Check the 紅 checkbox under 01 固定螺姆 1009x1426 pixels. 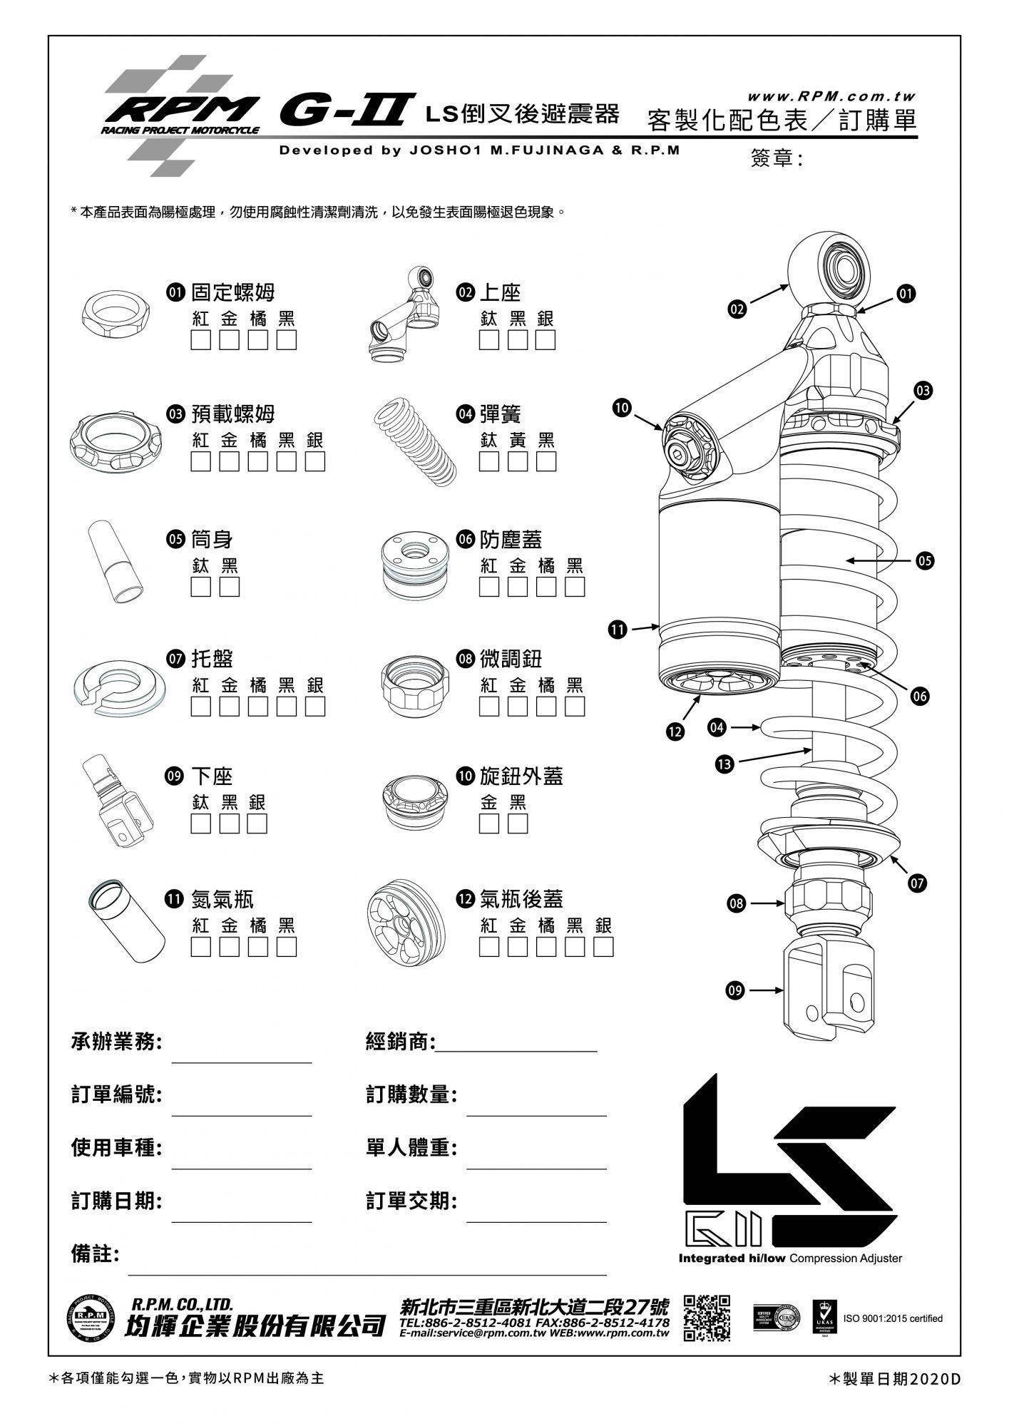point(201,340)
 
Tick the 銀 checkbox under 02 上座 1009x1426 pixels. point(546,340)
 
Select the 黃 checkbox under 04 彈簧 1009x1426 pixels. point(518,461)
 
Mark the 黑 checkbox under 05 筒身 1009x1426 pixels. point(230,587)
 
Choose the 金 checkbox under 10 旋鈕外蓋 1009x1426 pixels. point(489,824)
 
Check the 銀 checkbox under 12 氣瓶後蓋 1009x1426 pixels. point(603,947)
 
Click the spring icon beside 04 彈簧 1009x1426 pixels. point(409,442)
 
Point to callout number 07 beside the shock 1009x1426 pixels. point(917,884)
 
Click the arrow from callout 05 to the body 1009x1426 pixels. point(880,561)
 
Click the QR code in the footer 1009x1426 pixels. point(707,1318)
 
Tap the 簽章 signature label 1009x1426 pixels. point(777,158)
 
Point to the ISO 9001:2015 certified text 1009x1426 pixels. point(892,1318)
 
